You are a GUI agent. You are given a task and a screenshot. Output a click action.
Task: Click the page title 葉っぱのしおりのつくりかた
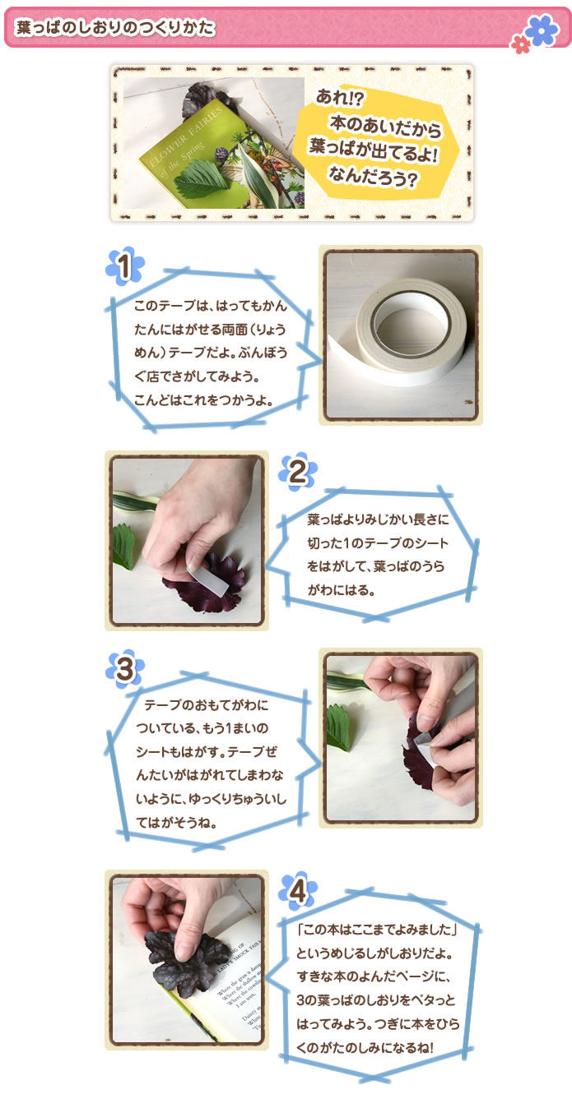pyautogui.click(x=115, y=27)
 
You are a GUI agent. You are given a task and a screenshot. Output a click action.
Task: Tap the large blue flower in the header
pyautogui.click(x=541, y=30)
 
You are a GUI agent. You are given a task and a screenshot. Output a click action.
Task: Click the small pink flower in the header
pyautogui.click(x=520, y=44)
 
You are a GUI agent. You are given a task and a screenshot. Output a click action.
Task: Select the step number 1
pyautogui.click(x=124, y=266)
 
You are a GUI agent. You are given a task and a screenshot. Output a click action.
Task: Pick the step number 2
pyautogui.click(x=298, y=471)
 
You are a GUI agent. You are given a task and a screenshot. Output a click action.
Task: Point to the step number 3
pyautogui.click(x=124, y=669)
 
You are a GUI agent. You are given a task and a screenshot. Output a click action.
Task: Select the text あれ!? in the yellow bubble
pyautogui.click(x=342, y=95)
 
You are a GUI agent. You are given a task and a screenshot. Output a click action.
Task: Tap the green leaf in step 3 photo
pyautogui.click(x=337, y=728)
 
